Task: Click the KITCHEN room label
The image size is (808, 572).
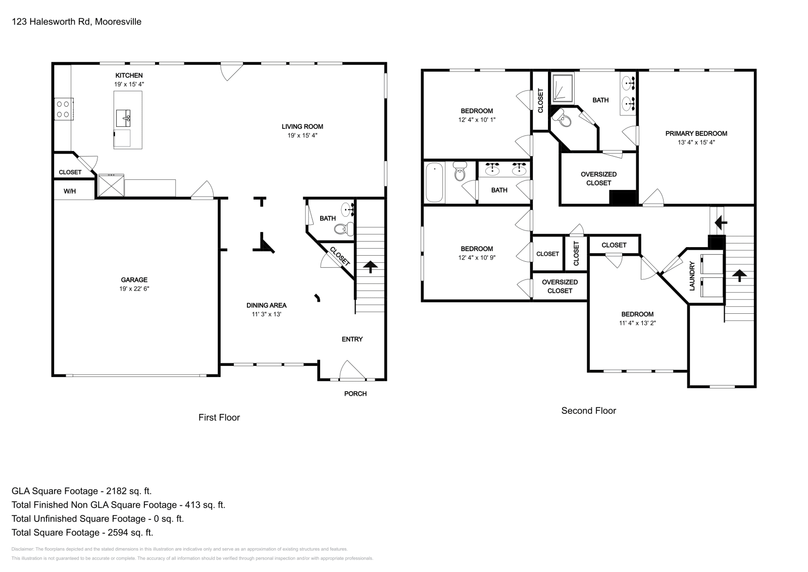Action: coord(129,75)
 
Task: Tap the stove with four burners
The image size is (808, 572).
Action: coord(64,109)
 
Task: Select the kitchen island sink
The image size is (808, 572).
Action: coord(123,118)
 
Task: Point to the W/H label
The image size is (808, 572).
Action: coord(70,192)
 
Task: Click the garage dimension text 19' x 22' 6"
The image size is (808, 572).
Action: coord(134,289)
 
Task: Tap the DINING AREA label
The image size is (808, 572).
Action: coord(267,305)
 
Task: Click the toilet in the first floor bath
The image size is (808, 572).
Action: coord(344,228)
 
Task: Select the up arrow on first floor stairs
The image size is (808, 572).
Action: coord(370,267)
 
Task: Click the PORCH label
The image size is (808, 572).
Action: coord(356,394)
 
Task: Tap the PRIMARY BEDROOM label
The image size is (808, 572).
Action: coord(696,133)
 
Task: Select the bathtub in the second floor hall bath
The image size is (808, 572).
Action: coord(434,182)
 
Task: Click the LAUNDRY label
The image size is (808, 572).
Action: coord(692,276)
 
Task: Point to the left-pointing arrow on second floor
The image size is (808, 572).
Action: coord(721,223)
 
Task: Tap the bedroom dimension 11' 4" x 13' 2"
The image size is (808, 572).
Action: coord(637,323)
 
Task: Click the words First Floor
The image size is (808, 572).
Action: coord(219,417)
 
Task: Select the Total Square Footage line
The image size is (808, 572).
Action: coord(82,533)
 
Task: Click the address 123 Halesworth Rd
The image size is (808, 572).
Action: coord(51,22)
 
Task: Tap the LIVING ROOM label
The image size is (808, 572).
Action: coord(302,127)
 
